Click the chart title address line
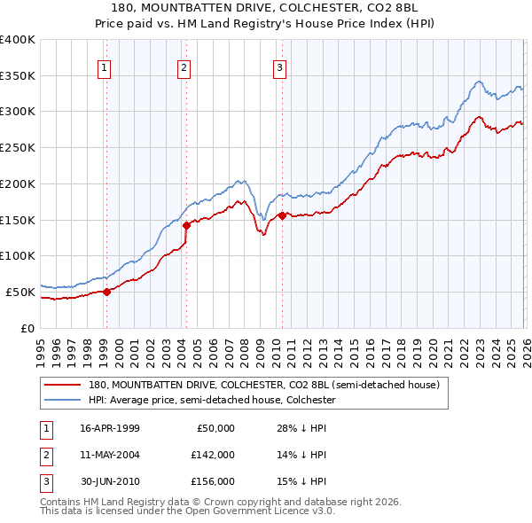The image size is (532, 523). point(265,7)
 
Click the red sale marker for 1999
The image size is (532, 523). point(106,291)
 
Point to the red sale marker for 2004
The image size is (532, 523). point(186,225)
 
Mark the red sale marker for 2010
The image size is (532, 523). point(282,215)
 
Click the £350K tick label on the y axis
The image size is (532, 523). point(18,76)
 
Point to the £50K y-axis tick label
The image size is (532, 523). point(20,292)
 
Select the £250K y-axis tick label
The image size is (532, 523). point(18,148)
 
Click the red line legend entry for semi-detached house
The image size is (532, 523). point(263,386)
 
